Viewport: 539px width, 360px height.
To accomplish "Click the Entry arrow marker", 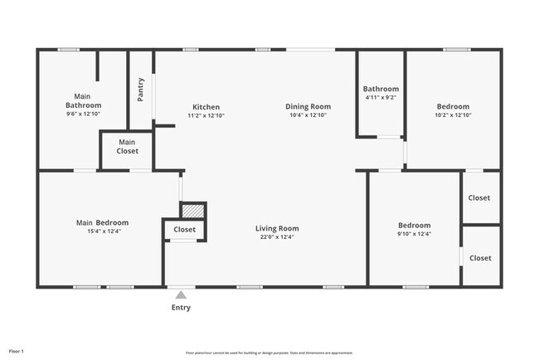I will click(x=181, y=294).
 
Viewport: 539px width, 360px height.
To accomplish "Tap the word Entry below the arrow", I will click(x=181, y=308).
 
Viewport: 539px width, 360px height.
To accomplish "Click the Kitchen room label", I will click(x=206, y=107).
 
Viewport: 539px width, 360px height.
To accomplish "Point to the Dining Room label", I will click(x=308, y=106).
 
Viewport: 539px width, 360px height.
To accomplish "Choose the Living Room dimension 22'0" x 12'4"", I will click(x=276, y=237).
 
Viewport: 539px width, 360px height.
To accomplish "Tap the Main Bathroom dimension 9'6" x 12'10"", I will click(x=84, y=114).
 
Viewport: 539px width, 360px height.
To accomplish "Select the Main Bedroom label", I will click(x=102, y=222).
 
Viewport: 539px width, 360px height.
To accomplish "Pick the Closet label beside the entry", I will click(x=184, y=230).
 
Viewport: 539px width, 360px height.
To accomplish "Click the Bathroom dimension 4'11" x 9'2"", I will click(x=381, y=98).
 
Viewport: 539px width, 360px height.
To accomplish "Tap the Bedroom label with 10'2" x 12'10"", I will click(x=453, y=106).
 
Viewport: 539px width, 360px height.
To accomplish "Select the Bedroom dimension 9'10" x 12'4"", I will click(x=414, y=234).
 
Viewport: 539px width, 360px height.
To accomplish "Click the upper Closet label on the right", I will click(x=479, y=198).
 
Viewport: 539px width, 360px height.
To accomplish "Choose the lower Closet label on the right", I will click(x=480, y=258).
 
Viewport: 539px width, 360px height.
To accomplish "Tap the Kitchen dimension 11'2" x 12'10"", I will click(x=206, y=115).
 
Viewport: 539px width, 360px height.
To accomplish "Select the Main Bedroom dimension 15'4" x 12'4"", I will click(x=102, y=231).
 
